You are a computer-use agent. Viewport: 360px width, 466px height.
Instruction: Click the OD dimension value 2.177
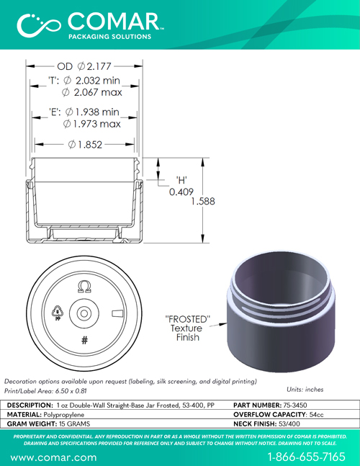(x=94, y=66)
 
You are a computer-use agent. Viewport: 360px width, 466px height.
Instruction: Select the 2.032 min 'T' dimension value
(x=91, y=80)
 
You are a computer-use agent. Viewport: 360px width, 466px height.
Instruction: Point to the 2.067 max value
(x=91, y=92)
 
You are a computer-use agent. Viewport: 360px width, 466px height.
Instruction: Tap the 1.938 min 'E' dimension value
(x=92, y=112)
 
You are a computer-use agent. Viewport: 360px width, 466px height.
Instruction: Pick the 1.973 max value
(x=91, y=124)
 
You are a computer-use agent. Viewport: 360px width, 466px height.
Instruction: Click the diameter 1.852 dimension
(x=85, y=145)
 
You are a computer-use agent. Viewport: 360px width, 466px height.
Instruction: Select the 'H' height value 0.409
(x=181, y=192)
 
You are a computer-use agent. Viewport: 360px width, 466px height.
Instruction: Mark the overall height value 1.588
(x=203, y=201)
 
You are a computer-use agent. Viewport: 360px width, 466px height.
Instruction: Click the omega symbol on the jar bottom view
(x=84, y=287)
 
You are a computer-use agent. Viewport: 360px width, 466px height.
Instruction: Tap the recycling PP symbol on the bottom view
(x=57, y=313)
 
